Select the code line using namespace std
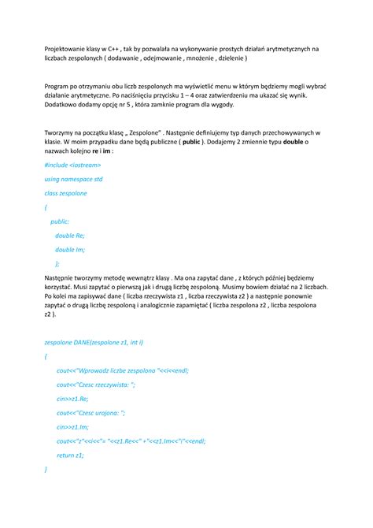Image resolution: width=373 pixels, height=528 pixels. pos(75,179)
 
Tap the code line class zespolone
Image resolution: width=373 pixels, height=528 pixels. pos(67,193)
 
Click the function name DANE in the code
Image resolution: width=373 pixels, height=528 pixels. pos(83,343)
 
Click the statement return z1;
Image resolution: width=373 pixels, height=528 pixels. pos(70,455)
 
